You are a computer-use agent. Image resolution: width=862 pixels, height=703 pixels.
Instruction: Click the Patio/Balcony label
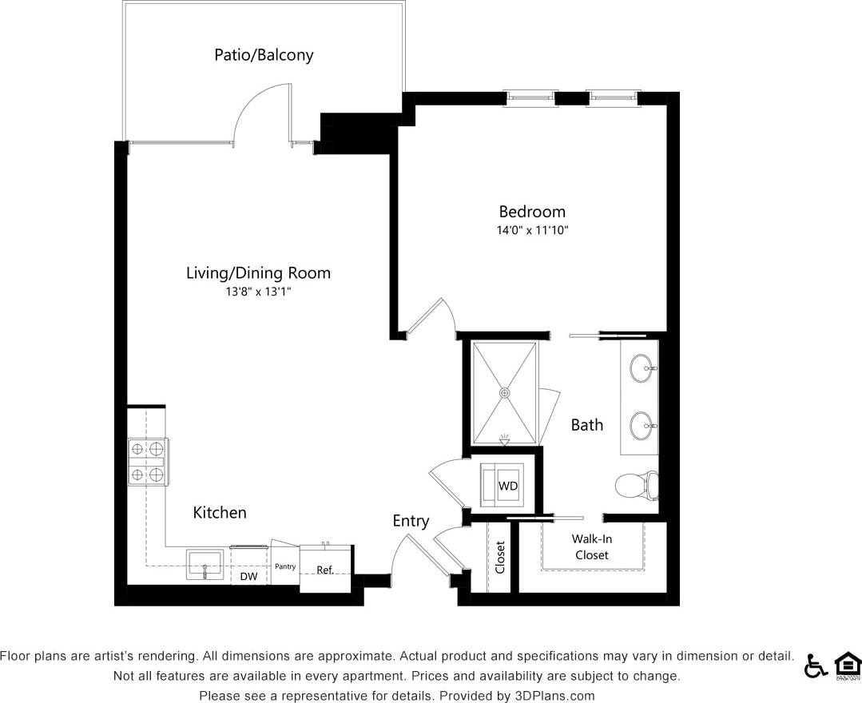(x=264, y=55)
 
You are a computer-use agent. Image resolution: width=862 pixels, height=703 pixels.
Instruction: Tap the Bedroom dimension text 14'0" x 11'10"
(x=532, y=230)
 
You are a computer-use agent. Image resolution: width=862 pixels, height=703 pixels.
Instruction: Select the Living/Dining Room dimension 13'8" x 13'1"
(x=258, y=292)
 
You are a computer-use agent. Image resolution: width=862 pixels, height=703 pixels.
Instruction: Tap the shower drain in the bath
(x=504, y=393)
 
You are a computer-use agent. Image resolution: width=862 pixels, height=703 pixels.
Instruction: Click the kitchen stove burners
(x=148, y=462)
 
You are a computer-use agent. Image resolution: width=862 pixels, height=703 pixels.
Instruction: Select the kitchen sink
(x=206, y=565)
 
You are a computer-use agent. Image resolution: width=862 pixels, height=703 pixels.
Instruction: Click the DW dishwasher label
(x=248, y=576)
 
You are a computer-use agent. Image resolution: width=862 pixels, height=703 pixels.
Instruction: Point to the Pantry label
(x=285, y=566)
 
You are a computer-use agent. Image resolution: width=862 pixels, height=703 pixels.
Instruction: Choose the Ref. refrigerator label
(x=325, y=570)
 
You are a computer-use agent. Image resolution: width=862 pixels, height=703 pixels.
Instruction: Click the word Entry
(x=411, y=521)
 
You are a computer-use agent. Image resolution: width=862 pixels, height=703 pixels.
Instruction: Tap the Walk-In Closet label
(x=591, y=547)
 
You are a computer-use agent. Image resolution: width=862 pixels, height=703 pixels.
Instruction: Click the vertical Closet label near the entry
(x=500, y=558)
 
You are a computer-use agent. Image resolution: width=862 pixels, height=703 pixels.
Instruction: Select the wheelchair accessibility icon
(x=816, y=665)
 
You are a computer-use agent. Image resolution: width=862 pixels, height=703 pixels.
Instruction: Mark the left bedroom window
(x=531, y=98)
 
